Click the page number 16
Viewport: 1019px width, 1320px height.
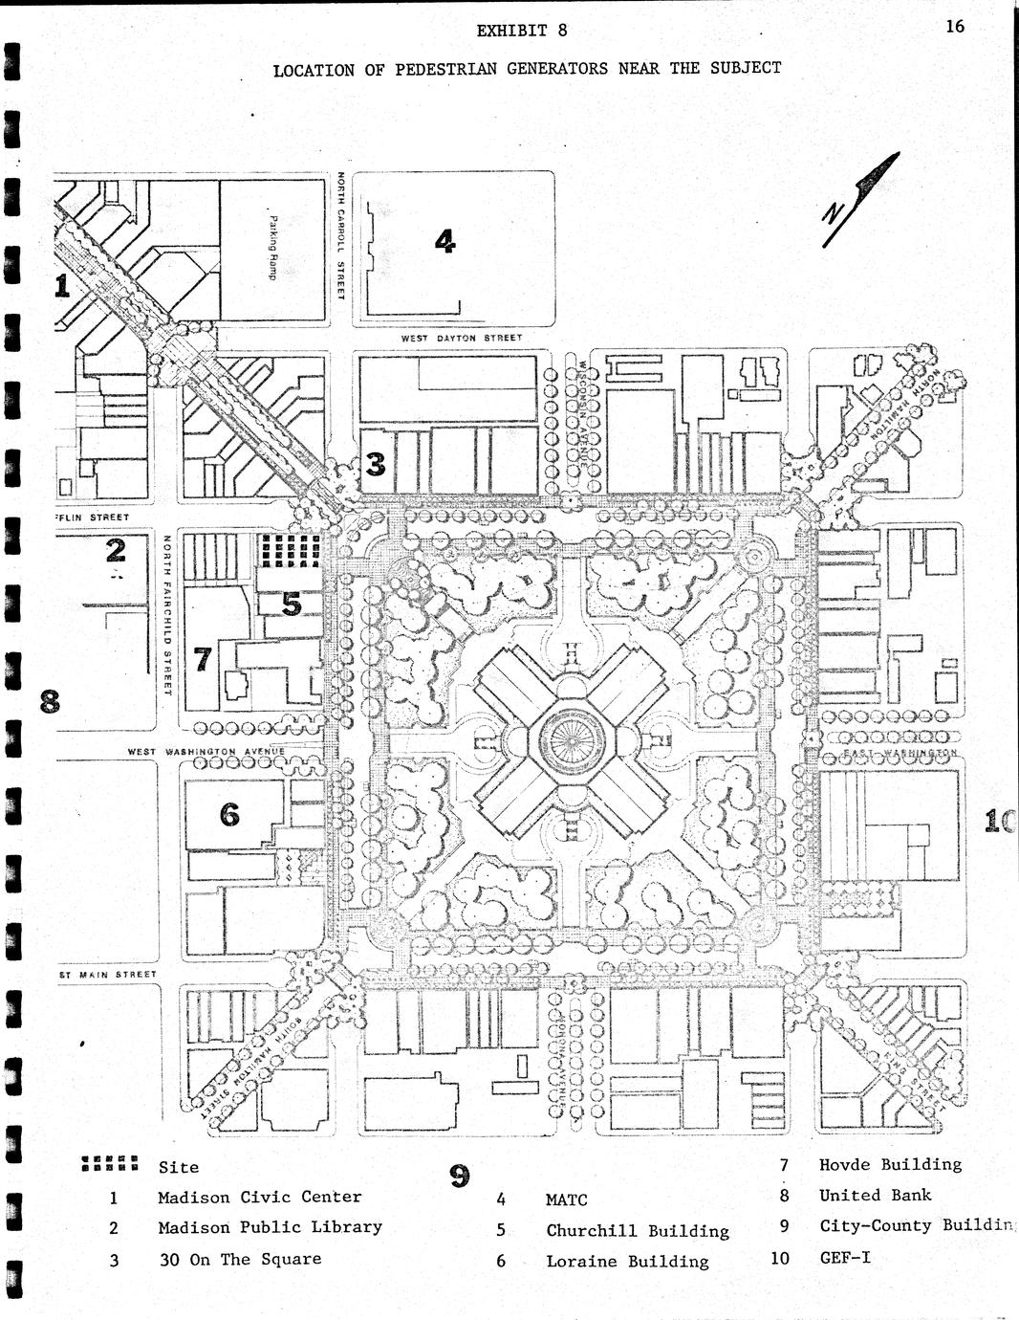tap(955, 26)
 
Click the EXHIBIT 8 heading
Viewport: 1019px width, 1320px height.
tap(522, 30)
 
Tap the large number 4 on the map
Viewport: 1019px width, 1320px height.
tap(444, 241)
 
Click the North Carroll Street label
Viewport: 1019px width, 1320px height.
tap(339, 235)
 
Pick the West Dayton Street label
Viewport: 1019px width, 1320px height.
tap(461, 339)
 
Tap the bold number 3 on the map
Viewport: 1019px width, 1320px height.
tap(376, 464)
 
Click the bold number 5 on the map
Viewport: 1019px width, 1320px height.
tap(291, 604)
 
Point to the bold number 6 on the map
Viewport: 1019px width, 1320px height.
tap(229, 814)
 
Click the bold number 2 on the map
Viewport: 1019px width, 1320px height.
tap(116, 550)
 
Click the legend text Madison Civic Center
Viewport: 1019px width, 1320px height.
tap(260, 1197)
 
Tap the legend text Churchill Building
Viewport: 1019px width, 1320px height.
tap(638, 1231)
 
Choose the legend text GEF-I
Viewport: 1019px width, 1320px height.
tap(845, 1257)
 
